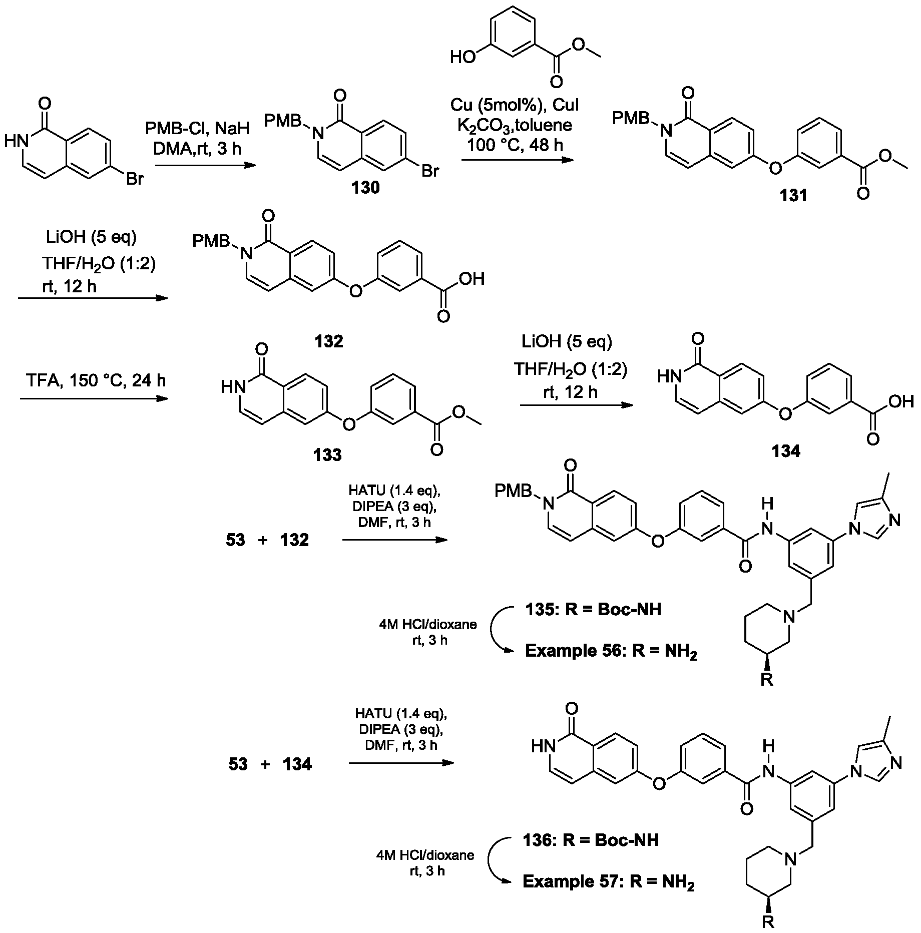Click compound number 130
[365, 188]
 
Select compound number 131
[794, 196]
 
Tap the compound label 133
[327, 454]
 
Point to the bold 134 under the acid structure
[785, 451]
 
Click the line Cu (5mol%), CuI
[515, 105]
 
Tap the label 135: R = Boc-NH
[593, 609]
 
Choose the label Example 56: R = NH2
[611, 651]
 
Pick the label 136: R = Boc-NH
[591, 839]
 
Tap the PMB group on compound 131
[631, 118]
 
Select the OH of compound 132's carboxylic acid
[473, 278]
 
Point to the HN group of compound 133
[232, 385]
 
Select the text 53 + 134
[270, 764]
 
